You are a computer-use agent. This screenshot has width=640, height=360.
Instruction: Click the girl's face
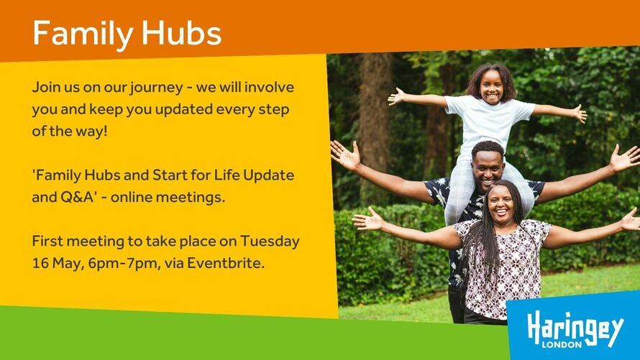(491, 85)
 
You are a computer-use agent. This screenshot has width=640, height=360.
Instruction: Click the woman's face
(501, 205)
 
